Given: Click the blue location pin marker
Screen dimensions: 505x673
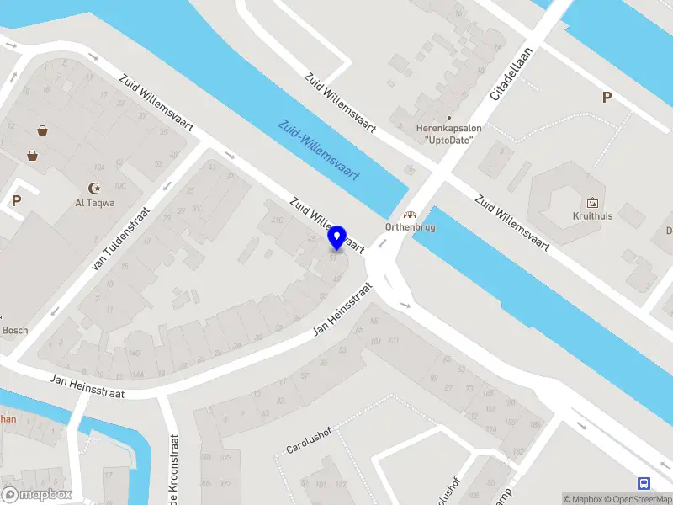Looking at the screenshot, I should click(337, 237).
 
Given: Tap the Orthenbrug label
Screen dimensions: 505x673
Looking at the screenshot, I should click(410, 227).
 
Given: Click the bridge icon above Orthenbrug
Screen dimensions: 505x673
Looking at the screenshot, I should click(410, 214).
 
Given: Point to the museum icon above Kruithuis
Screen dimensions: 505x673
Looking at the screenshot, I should click(592, 202).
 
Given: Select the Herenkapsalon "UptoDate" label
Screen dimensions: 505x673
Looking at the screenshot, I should click(449, 134).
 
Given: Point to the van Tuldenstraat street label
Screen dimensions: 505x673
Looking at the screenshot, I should click(120, 240).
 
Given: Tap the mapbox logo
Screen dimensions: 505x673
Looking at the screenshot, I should click(37, 494).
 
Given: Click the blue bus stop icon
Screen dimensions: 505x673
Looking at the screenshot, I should click(644, 483).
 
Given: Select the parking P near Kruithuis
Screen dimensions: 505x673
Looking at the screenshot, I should click(606, 98).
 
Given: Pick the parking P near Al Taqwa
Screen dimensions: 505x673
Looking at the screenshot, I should click(16, 201).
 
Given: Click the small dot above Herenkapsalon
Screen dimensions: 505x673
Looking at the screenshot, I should click(448, 118).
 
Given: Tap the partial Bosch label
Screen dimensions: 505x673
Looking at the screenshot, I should click(14, 331).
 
